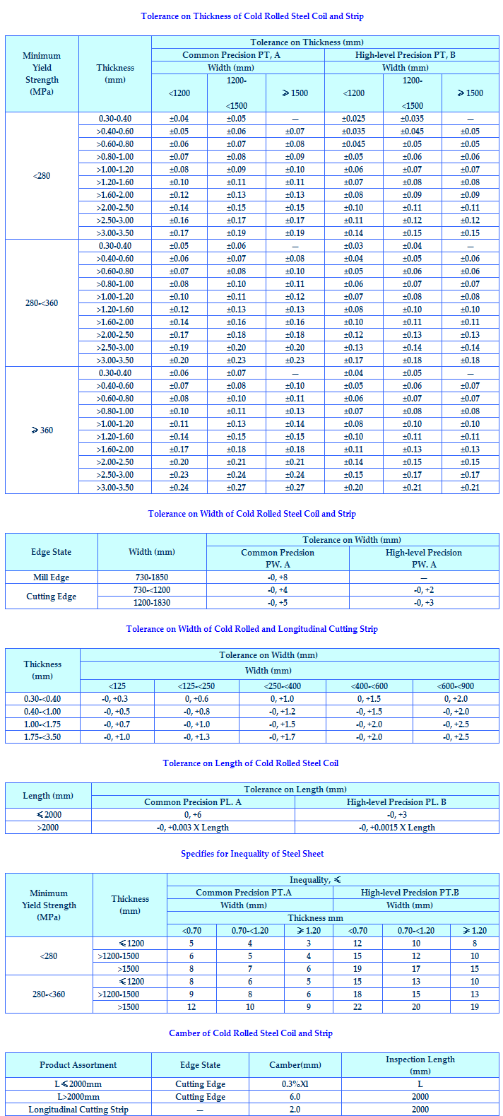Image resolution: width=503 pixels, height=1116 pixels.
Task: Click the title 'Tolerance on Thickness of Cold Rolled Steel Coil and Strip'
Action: pos(252,16)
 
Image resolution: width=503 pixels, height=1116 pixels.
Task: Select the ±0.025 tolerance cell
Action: pos(353,119)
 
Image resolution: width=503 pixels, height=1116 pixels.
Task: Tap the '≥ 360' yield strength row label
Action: pos(42,430)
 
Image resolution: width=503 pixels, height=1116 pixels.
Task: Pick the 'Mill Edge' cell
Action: pos(52,577)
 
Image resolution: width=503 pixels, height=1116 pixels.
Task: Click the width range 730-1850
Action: pos(152,577)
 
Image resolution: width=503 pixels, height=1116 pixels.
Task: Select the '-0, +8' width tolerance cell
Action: pos(278,577)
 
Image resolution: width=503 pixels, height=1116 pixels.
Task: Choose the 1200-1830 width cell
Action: pos(152,603)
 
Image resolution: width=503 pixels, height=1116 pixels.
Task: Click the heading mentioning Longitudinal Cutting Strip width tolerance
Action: pos(252,629)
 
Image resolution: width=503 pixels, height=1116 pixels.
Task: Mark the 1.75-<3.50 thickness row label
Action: pos(42,737)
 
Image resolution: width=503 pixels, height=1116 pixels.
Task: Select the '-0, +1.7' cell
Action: pos(283,737)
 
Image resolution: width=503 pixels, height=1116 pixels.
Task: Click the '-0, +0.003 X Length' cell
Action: pos(193,828)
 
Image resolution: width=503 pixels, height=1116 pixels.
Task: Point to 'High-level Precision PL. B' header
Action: pos(396,802)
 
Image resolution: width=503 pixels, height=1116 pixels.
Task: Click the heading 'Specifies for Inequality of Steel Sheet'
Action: pos(252,854)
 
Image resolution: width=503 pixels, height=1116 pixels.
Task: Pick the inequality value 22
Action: pos(357,1007)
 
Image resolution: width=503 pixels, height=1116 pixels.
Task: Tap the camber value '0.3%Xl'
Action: pos(295,1084)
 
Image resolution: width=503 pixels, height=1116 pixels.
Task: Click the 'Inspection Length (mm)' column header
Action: pos(420,1065)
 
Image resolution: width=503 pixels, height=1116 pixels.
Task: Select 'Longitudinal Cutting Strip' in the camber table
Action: pos(78,1110)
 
